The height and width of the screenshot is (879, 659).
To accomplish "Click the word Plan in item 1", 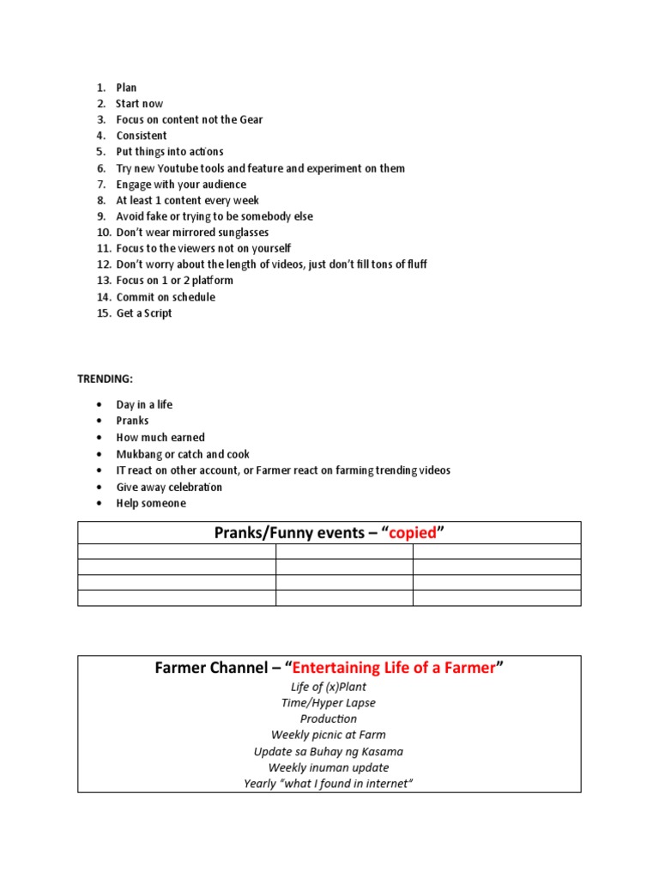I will (126, 88).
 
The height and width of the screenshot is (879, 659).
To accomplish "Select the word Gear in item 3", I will (250, 119).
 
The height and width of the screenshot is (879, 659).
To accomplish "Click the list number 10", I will (103, 233).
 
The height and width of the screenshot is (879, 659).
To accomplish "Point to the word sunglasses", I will (240, 233).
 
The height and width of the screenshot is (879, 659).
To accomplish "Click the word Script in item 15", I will (155, 313).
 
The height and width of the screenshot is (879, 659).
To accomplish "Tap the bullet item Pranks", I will (132, 421).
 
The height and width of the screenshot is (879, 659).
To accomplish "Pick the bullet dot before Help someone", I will (100, 504).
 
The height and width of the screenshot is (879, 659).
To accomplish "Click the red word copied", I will (413, 534).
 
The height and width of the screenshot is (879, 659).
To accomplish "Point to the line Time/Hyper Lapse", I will (329, 703).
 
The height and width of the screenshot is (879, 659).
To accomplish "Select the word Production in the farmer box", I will (329, 719).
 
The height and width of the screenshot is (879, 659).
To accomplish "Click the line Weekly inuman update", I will (329, 767).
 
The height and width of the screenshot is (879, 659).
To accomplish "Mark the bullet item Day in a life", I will (144, 404).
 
